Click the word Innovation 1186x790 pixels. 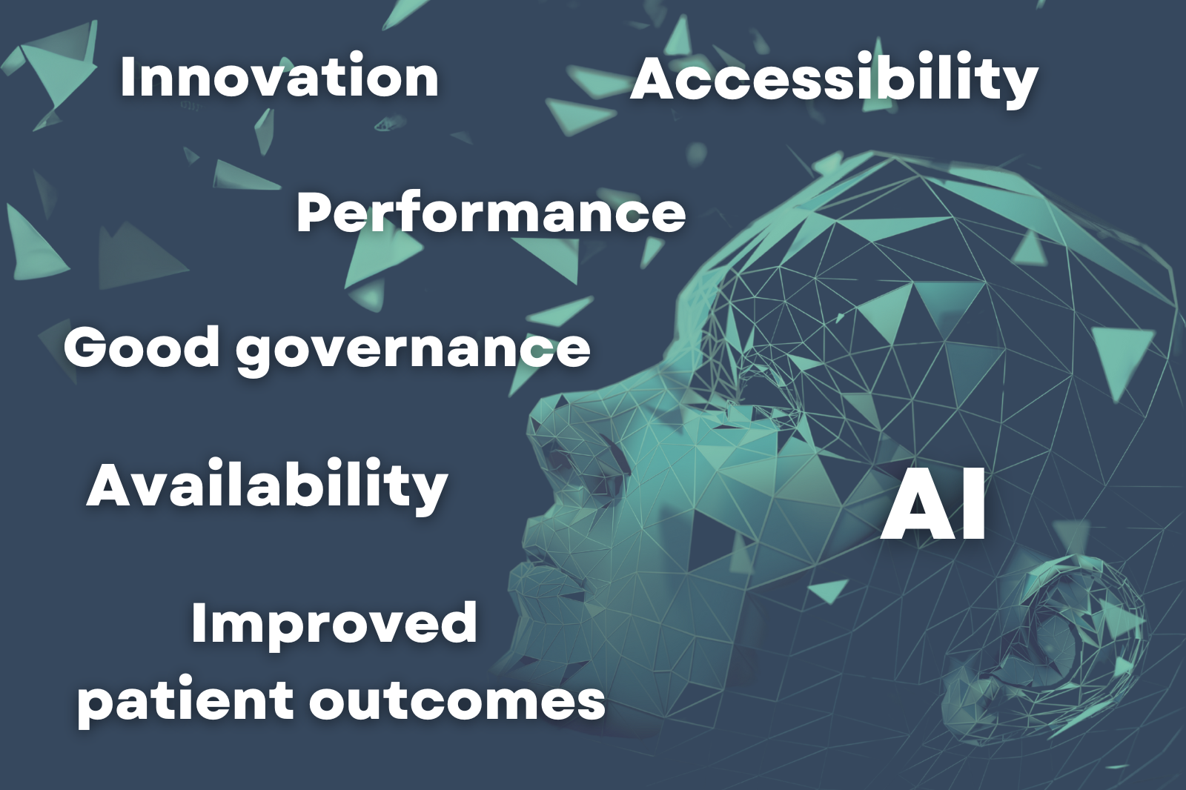pyautogui.click(x=279, y=77)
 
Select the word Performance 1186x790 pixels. pyautogui.click(x=491, y=213)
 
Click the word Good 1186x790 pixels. pyautogui.click(x=142, y=348)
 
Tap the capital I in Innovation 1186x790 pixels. pyautogui.click(x=127, y=77)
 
